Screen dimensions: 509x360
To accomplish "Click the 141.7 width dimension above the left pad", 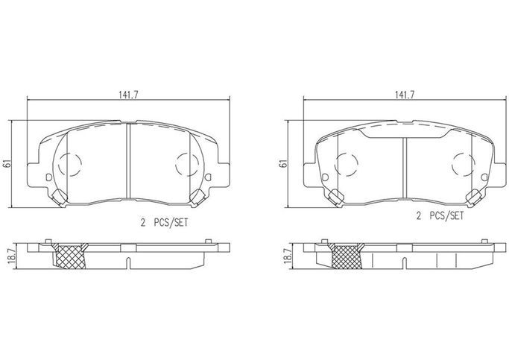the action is [x=128, y=95].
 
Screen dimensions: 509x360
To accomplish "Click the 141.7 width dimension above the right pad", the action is [x=405, y=95].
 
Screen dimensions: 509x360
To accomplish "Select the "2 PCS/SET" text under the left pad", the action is [x=164, y=223].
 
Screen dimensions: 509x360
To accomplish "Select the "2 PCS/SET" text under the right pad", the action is [x=440, y=216].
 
